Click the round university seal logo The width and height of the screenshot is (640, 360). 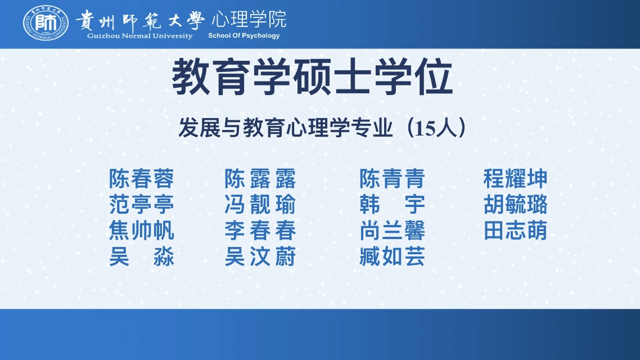click(x=46, y=23)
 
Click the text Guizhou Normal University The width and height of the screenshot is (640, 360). click(x=139, y=36)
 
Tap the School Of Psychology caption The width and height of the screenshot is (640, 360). click(x=244, y=35)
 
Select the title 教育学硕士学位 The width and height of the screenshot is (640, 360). click(x=312, y=76)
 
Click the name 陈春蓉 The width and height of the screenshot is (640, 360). click(x=141, y=179)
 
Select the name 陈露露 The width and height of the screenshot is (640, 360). click(x=260, y=179)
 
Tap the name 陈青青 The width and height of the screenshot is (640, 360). click(x=392, y=179)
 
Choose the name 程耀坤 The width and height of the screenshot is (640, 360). click(x=515, y=179)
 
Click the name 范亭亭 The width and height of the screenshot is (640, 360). click(x=141, y=205)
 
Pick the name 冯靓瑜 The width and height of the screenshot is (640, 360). click(x=260, y=205)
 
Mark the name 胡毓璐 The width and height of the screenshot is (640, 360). click(x=515, y=205)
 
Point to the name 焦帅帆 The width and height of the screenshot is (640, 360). click(x=141, y=231)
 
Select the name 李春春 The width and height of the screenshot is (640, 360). click(x=260, y=231)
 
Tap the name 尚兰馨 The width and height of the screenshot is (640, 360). click(x=392, y=231)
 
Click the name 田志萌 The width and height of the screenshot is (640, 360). click(x=515, y=231)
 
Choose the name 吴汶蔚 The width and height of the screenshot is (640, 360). click(x=260, y=256)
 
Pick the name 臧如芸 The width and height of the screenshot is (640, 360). click(x=392, y=256)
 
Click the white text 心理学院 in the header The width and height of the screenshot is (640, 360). click(x=249, y=19)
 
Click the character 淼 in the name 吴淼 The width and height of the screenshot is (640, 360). click(x=164, y=256)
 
